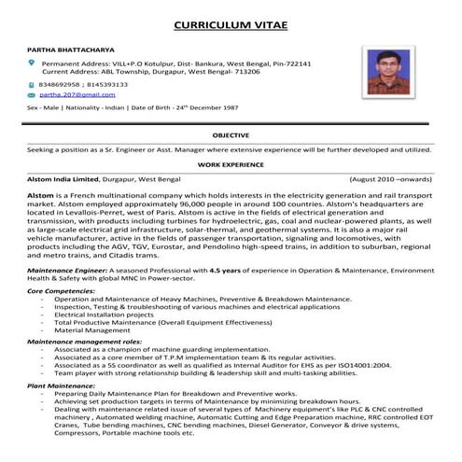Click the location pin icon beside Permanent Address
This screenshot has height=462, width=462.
(32, 63)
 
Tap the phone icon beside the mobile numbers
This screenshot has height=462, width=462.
(32, 84)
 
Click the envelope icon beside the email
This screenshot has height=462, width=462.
(32, 95)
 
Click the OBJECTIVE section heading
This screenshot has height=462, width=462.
(231, 135)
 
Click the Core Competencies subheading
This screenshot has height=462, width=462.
(61, 290)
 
